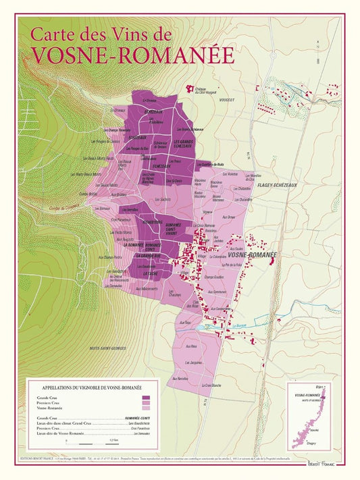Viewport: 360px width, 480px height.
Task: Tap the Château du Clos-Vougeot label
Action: tap(196, 90)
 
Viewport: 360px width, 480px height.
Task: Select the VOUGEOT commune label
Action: tap(227, 100)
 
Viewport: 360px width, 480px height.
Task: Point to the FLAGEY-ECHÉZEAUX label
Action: tap(277, 184)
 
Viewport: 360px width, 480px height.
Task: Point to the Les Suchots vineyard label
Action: tap(162, 200)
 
